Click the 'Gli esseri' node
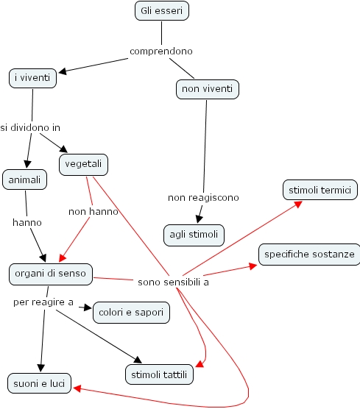[162, 11]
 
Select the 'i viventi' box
[33, 77]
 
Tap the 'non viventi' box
[208, 90]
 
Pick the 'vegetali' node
[83, 164]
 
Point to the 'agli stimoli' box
[194, 235]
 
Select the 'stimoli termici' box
[320, 190]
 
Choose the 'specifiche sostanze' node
[309, 255]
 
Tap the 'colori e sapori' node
[131, 312]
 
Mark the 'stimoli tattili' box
[159, 374]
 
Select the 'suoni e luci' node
[38, 383]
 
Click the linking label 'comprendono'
[161, 51]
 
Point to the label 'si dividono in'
[30, 127]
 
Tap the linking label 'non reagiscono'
[203, 197]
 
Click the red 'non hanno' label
[88, 211]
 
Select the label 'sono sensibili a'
[173, 282]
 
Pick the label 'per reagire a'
[43, 302]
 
